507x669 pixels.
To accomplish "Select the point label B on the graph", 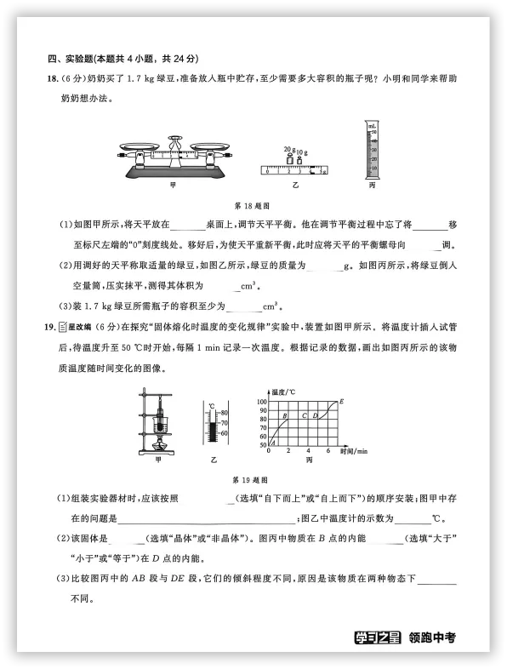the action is [284, 415].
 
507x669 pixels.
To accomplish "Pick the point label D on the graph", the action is [316, 415].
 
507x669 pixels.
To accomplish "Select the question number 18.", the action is [52, 79].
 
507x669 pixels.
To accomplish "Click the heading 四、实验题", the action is [72, 59].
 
